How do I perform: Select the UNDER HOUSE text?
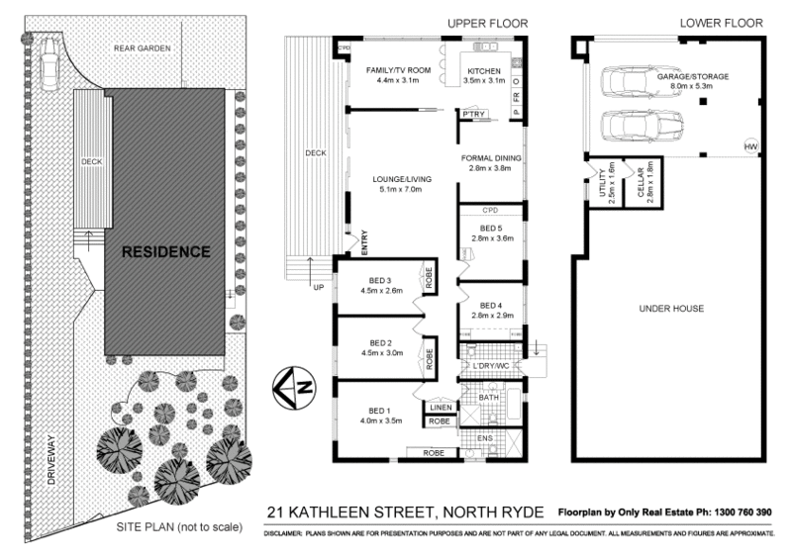pyautogui.click(x=671, y=309)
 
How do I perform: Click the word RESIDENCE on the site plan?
pyautogui.click(x=165, y=251)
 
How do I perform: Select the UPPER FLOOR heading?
pyautogui.click(x=487, y=23)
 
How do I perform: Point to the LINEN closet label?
pyautogui.click(x=441, y=406)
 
